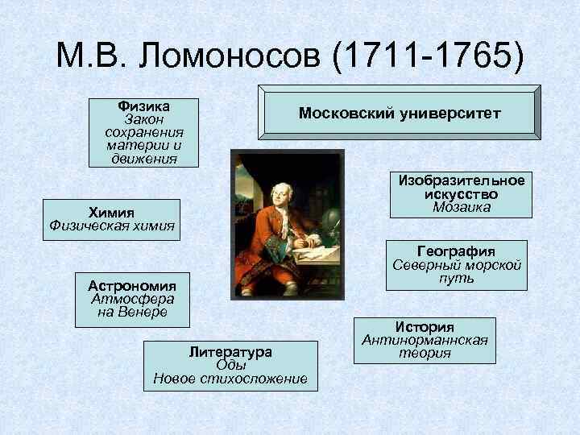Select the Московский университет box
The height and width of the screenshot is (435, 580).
[400, 114]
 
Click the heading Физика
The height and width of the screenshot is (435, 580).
[143, 106]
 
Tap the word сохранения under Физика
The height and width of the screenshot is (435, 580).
[143, 132]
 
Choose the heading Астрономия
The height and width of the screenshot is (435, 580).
[132, 285]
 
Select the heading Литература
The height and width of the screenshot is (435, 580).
[230, 352]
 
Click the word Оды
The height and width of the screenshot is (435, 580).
[230, 365]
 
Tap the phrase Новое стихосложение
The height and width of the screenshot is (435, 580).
[230, 379]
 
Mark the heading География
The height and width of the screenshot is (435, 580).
[456, 251]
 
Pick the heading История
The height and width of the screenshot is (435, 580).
[425, 327]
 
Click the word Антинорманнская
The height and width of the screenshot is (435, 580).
[425, 340]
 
